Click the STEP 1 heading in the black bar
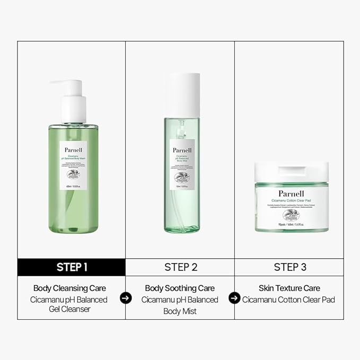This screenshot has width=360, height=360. (x=72, y=267)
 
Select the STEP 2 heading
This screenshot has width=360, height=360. (x=180, y=267)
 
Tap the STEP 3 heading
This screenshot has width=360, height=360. (x=289, y=267)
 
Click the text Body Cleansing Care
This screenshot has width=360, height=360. (x=69, y=288)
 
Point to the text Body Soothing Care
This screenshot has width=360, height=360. (x=180, y=288)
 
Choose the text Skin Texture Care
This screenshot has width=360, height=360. (x=289, y=288)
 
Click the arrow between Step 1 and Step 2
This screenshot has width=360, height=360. (x=126, y=298)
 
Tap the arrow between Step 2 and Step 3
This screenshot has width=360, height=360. (x=234, y=298)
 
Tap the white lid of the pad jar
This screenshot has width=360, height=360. (x=291, y=171)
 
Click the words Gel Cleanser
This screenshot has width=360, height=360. (x=69, y=309)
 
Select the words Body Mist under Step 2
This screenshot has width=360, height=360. (x=180, y=311)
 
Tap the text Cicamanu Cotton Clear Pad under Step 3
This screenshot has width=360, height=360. (x=289, y=300)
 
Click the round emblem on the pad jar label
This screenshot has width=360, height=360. (x=291, y=215)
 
